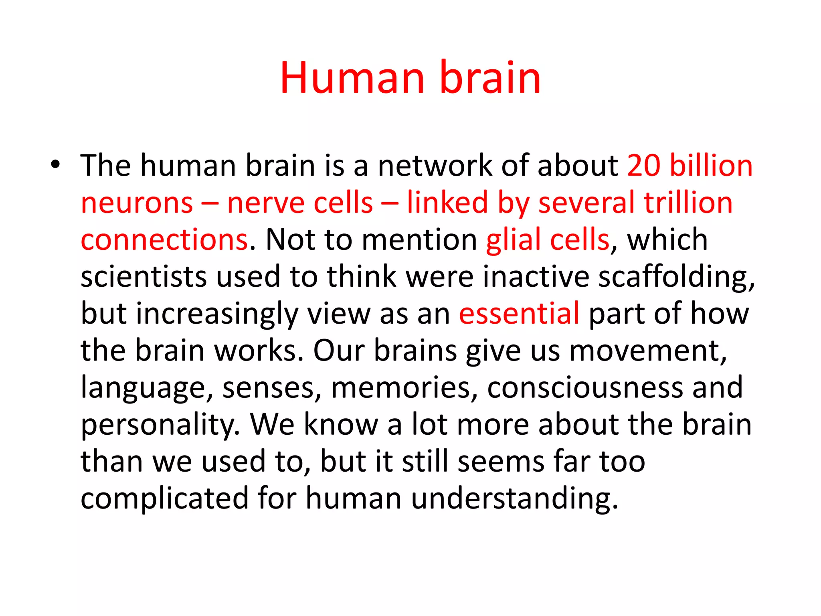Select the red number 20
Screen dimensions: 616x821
(643, 165)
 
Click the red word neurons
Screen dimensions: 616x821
(137, 203)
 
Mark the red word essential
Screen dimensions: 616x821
(519, 314)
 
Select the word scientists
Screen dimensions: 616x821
(144, 277)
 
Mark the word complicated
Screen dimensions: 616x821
(164, 498)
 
